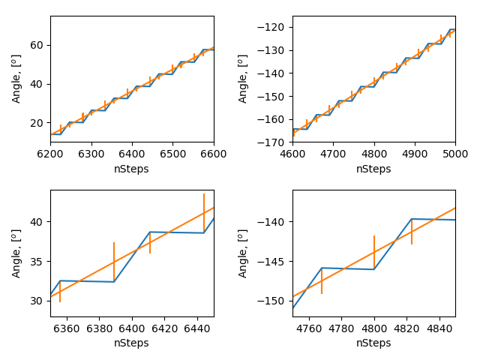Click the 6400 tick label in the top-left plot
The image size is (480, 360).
tap(132, 153)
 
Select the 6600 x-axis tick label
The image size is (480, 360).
tap(214, 153)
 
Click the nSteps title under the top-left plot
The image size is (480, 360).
tap(132, 169)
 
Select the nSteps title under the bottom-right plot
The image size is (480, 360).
tap(373, 343)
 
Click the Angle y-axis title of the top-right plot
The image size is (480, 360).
tap(244, 78)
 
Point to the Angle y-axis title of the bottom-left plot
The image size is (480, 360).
tap(16, 253)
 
